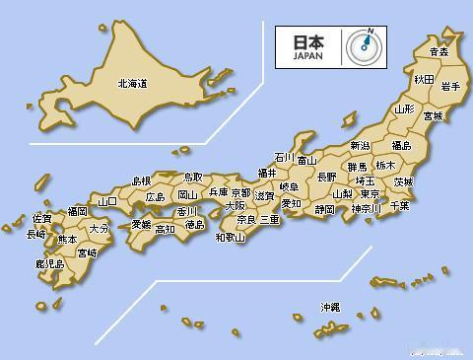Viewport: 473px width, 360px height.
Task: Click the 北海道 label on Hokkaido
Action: [x=132, y=84]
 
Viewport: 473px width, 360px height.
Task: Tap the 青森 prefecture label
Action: [x=439, y=51]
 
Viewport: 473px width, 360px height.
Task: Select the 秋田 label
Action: [x=424, y=78]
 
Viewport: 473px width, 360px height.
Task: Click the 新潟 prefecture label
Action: [x=360, y=146]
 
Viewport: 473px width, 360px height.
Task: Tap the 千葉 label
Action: [x=399, y=205]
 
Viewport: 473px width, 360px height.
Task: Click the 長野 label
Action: [x=326, y=177]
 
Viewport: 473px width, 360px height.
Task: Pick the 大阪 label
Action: [x=235, y=206]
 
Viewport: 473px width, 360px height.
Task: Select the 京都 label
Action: [x=240, y=192]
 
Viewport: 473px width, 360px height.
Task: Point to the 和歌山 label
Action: [x=231, y=237]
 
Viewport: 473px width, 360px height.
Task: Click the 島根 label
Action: [x=141, y=180]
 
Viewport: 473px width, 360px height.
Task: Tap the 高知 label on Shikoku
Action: [x=164, y=229]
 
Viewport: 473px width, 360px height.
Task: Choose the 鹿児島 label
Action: [x=49, y=264]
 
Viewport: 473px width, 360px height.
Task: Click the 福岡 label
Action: [x=77, y=211]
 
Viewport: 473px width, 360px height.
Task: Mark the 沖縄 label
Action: [x=329, y=308]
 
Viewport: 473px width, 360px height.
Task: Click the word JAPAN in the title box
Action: [x=307, y=56]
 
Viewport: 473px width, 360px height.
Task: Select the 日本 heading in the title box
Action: [x=307, y=42]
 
